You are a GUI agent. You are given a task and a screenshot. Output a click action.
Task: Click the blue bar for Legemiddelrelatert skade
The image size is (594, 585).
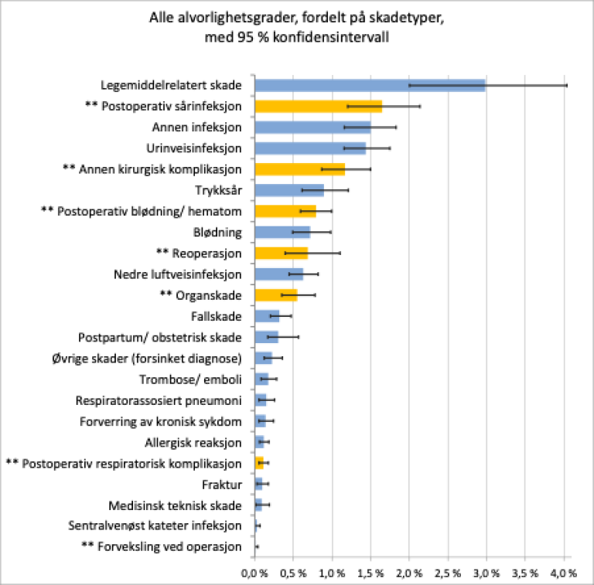click(x=370, y=85)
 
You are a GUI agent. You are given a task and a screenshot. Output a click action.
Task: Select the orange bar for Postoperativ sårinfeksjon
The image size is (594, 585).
click(x=318, y=106)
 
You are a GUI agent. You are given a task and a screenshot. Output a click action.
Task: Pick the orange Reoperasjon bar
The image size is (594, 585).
click(x=281, y=253)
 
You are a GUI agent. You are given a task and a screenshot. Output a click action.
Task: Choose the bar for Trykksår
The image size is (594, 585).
click(x=288, y=189)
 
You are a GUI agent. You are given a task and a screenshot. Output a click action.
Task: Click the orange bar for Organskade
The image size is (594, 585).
click(x=276, y=294)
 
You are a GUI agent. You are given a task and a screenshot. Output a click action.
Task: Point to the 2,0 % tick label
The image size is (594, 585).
click(x=409, y=573)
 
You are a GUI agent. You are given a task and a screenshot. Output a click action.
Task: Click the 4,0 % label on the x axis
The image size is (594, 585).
click(x=564, y=573)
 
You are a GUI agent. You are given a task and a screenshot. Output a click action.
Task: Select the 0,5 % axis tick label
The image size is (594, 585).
click(x=293, y=573)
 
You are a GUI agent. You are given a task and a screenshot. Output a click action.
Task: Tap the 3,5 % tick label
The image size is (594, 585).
click(x=525, y=573)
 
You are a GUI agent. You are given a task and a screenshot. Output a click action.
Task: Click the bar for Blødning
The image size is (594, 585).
click(x=282, y=232)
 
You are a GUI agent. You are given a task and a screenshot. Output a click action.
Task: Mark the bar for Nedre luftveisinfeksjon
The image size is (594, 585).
click(x=278, y=274)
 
